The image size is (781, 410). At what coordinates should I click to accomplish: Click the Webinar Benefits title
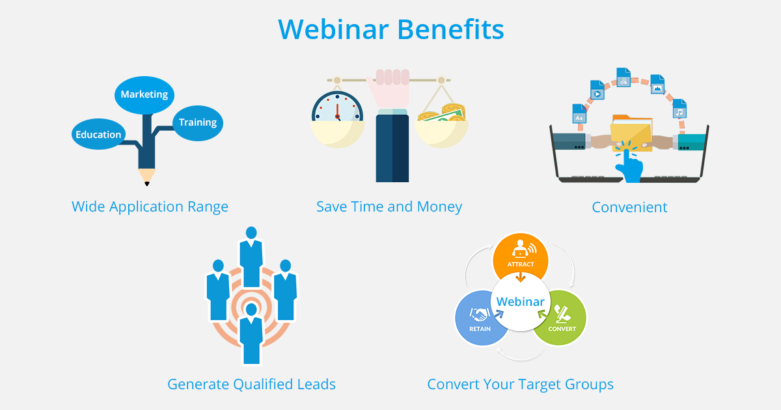390,30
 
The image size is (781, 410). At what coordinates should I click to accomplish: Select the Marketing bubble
144,94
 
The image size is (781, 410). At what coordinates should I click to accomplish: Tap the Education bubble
98,135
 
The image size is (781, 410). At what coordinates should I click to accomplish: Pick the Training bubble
198,122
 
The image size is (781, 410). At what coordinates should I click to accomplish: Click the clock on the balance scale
337,107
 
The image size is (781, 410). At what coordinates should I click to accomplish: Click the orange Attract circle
520,258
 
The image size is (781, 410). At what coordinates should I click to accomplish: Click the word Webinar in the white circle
520,302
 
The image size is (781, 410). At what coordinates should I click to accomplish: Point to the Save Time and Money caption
389,207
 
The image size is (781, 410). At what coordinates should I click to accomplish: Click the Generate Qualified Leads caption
251,384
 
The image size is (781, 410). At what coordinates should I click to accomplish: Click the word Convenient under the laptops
629,207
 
